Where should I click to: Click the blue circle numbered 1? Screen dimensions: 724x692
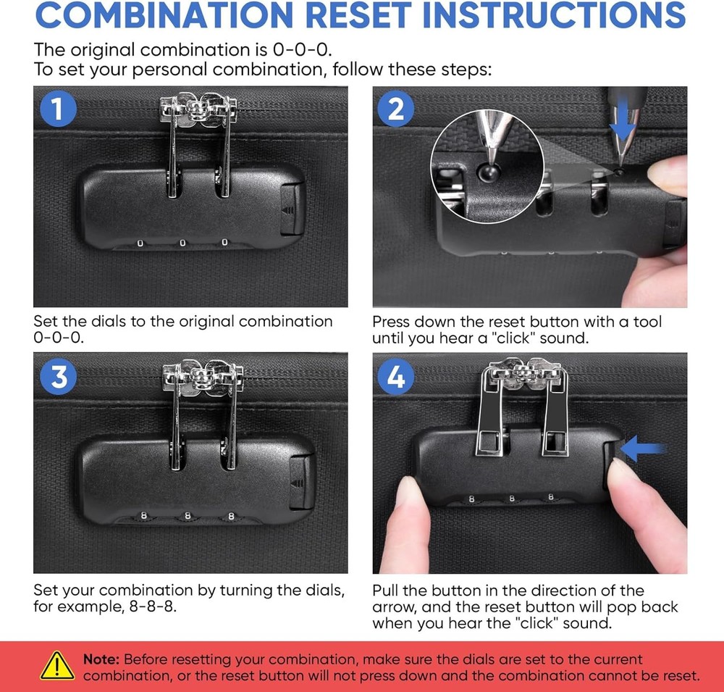pos(58,109)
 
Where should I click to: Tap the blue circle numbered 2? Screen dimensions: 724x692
pos(396,109)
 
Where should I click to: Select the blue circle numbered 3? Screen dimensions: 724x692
pos(58,377)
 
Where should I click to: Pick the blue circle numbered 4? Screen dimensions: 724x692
pos(396,377)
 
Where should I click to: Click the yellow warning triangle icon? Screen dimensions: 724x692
pos(56,666)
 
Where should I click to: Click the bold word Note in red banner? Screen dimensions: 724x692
pos(101,659)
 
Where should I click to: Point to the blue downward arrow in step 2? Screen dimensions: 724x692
pos(623,120)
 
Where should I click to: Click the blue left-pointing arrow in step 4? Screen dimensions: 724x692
pos(643,449)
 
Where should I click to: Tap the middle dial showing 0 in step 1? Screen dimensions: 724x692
pos(182,243)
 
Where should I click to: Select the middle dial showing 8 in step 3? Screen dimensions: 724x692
pos(188,515)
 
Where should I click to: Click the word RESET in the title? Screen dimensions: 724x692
pos(358,14)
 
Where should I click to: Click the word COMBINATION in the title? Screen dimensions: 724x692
pos(164,14)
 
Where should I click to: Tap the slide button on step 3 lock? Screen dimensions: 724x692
pos(300,481)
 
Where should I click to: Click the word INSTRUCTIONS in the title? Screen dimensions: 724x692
pos(555,14)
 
